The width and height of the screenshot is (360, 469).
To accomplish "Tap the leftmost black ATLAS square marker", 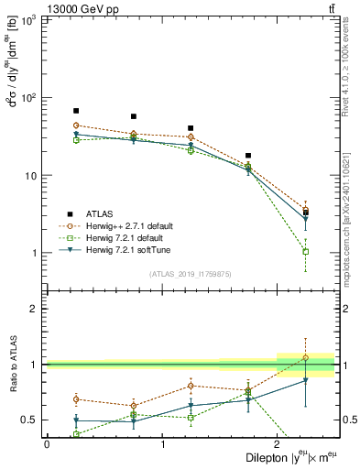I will [76, 111].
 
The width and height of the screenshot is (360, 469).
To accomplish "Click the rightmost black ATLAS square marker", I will [306, 213].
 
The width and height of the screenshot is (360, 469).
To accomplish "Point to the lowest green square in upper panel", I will [306, 251].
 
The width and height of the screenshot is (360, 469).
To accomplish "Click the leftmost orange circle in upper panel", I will [76, 125].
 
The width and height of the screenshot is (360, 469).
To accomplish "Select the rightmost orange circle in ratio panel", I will [306, 357].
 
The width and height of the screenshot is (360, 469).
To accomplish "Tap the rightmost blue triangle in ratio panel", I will [306, 380].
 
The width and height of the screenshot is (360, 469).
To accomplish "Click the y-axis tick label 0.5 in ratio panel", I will [33, 420].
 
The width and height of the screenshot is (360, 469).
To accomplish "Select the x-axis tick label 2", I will [278, 444].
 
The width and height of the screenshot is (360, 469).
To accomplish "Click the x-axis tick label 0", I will [47, 444].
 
